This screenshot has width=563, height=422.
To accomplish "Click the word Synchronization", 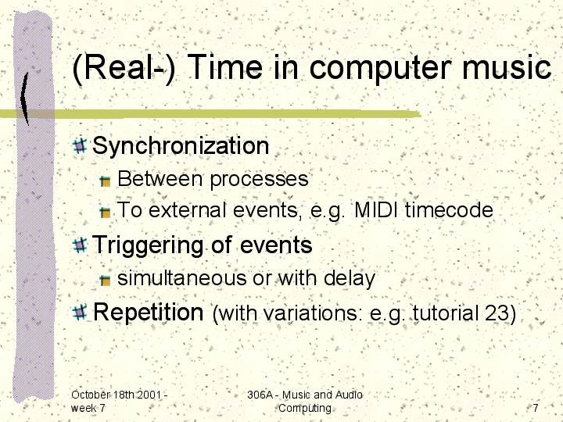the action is tap(181, 146).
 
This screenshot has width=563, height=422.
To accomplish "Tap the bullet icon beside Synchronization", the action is tap(80, 145).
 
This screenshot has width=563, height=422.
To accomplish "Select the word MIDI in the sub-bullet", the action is tap(376, 209).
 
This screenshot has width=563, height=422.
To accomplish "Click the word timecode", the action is tap(449, 209).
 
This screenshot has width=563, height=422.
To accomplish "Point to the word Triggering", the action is tap(148, 245).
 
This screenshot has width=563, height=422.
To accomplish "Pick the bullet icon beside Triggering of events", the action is tap(80, 245).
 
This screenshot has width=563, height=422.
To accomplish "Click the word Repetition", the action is tap(149, 312).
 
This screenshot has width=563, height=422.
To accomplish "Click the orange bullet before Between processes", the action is tap(106, 181).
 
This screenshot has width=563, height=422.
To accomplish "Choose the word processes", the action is tap(259, 180).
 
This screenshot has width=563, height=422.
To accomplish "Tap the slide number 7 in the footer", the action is tap(536, 408).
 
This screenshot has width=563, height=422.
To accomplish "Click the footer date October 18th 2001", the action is tap(116, 395).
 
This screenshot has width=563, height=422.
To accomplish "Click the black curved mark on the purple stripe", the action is tap(24, 98).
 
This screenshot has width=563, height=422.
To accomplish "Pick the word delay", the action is tap(349, 278).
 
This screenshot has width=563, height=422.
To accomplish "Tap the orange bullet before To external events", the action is tap(106, 213).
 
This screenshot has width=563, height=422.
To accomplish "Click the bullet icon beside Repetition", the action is tap(80, 312).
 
